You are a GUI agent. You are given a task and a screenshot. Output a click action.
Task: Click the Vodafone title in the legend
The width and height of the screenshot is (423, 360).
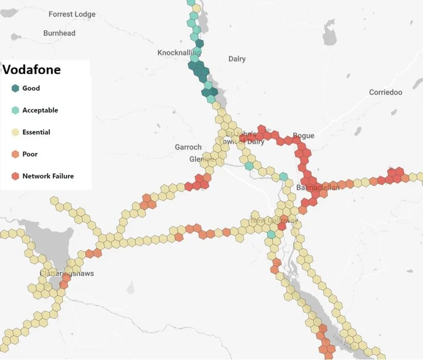coord(32,70)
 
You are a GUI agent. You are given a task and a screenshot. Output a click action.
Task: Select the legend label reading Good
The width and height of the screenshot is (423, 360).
coord(31,88)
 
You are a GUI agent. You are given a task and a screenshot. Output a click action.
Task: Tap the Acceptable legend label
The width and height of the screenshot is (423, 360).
coord(40,110)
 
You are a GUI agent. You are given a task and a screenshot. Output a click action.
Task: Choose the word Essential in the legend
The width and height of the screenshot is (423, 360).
coord(36,132)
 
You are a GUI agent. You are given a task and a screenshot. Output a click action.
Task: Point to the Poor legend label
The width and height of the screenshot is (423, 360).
coord(30,155)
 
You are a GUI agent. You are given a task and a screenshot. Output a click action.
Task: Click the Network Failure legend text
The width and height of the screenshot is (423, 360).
coord(48,177)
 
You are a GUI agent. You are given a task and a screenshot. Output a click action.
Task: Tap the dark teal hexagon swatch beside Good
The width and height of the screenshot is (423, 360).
coord(15,88)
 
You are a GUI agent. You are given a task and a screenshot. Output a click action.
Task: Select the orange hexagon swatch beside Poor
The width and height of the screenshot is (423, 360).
coord(15,155)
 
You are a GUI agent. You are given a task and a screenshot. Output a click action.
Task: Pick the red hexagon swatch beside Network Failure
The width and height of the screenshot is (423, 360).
coord(15,177)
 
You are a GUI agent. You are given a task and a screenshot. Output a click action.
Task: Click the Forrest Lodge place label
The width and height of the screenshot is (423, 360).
coord(72,14)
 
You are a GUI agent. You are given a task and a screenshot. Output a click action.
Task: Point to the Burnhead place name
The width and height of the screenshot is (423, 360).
coord(59,33)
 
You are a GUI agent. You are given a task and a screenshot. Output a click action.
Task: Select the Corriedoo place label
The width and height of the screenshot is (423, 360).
coord(385,92)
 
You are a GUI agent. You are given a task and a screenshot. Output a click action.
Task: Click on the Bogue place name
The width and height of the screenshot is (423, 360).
coord(303,136)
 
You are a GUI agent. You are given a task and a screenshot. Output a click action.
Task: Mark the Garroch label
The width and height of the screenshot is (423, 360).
coord(188,147)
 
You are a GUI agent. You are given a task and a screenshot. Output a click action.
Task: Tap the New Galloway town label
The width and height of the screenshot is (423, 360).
coord(274,221)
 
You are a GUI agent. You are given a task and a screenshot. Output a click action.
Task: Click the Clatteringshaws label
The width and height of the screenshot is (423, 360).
coord(67,274)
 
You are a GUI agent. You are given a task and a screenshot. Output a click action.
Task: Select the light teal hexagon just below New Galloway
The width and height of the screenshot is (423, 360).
coord(271,235)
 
